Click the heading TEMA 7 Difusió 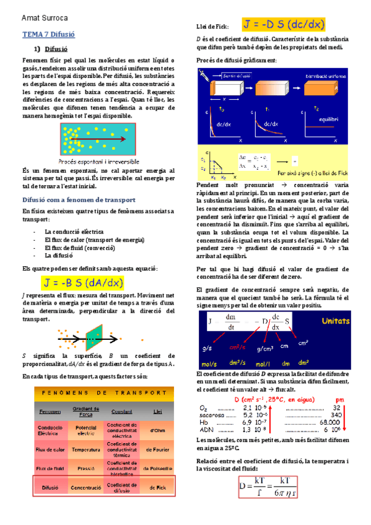click(x=45, y=36)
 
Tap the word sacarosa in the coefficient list click(x=211, y=415)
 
